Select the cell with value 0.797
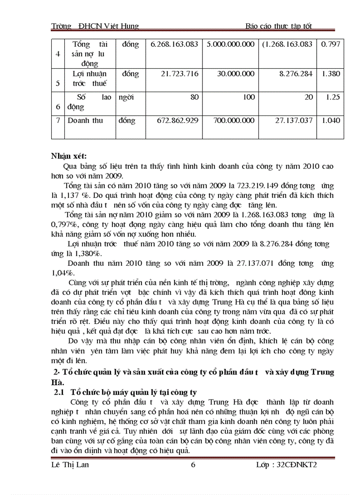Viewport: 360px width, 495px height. click(x=331, y=45)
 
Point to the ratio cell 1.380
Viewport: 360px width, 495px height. click(x=331, y=74)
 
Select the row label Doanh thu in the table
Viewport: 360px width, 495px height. click(x=85, y=120)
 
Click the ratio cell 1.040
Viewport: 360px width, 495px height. click(x=331, y=120)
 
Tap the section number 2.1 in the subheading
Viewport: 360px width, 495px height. click(x=59, y=392)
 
